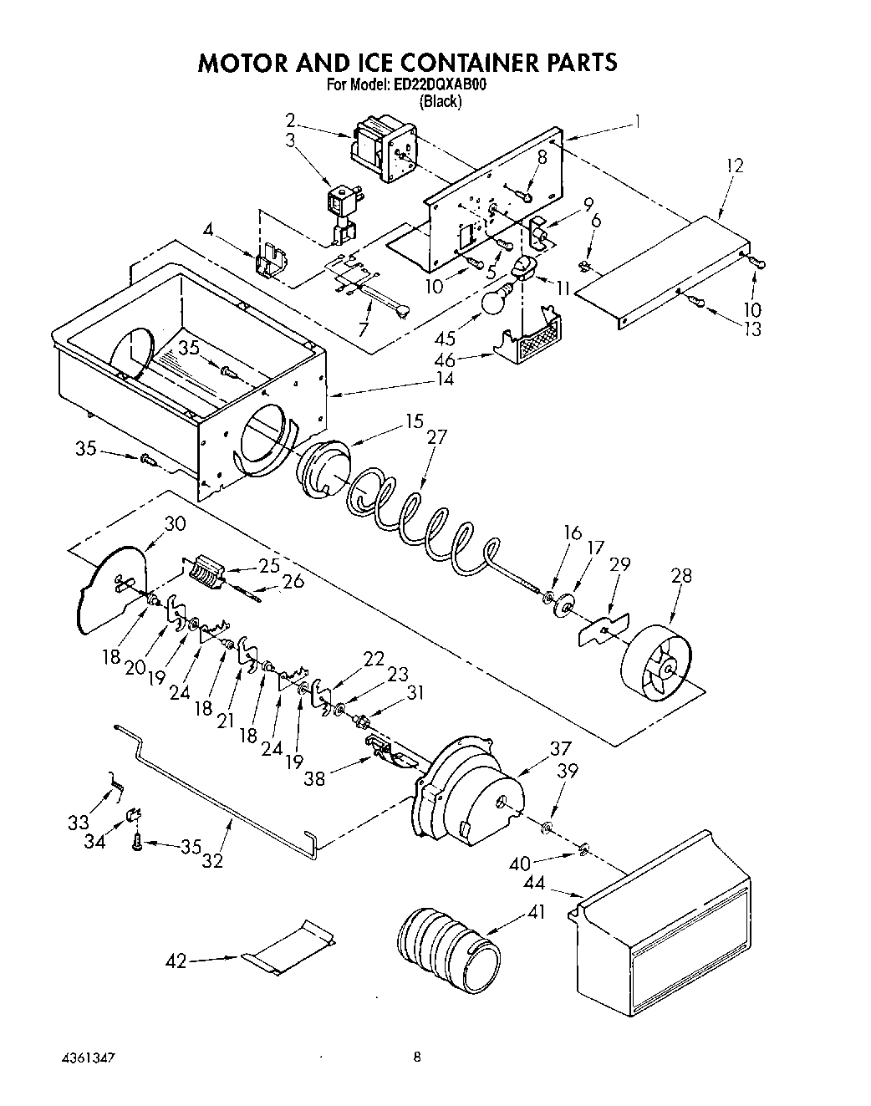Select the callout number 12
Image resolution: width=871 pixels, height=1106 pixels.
tap(734, 166)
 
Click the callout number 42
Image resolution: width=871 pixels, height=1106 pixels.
tap(176, 962)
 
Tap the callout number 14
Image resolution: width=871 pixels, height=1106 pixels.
tap(444, 379)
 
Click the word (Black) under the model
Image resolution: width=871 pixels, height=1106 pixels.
tap(440, 102)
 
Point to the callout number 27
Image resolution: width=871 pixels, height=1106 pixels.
tap(436, 436)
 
